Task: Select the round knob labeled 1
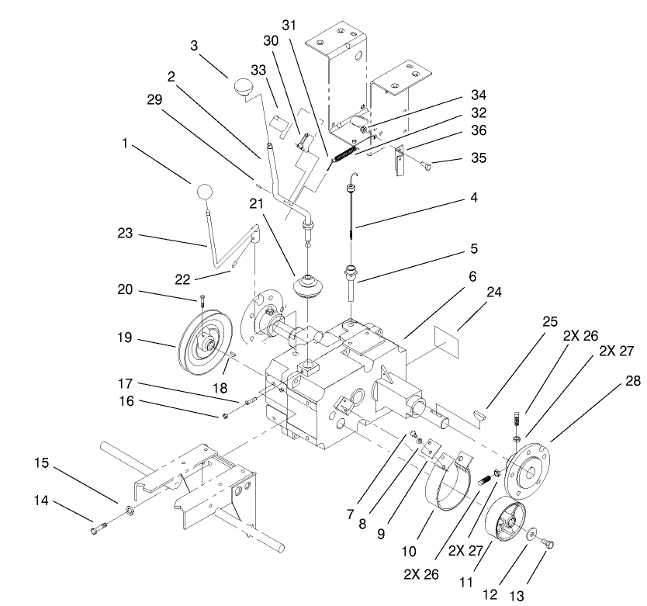pyautogui.click(x=204, y=192)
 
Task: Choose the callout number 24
pyautogui.click(x=494, y=293)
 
